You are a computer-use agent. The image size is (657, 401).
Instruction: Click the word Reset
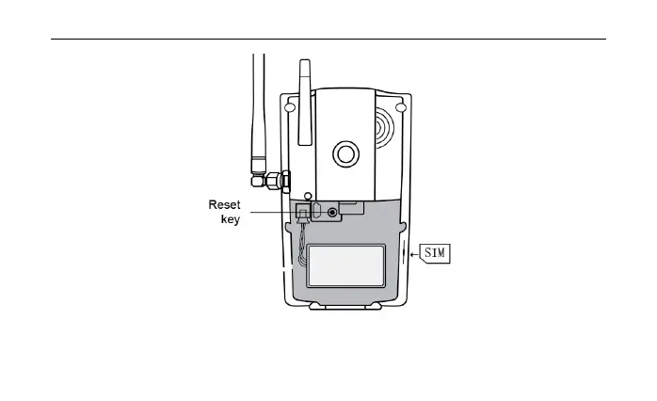click(223, 203)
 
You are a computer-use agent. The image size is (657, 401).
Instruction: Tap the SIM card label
click(436, 253)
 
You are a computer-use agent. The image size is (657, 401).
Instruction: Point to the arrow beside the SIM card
click(417, 253)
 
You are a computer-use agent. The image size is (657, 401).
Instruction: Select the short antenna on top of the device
click(304, 104)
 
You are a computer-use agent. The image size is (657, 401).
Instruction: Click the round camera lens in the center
click(345, 152)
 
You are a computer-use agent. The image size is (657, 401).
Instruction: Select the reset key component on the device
click(302, 211)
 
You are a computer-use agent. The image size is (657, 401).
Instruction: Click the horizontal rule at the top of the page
click(328, 40)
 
